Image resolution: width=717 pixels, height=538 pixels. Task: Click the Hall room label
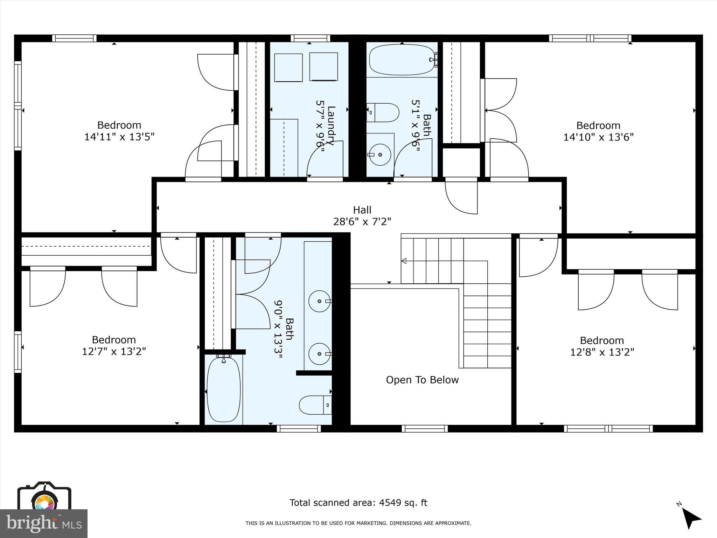click(x=362, y=210)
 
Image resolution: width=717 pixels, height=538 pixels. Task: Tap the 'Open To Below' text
click(x=422, y=380)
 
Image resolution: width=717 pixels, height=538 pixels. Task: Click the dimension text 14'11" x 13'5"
click(x=119, y=137)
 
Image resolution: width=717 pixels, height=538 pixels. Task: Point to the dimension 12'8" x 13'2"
click(x=602, y=352)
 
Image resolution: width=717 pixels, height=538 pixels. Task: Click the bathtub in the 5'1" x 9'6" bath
click(x=402, y=60)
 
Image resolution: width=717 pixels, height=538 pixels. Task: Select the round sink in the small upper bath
click(x=380, y=154)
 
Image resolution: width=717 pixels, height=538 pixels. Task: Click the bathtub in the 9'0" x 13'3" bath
click(x=224, y=390)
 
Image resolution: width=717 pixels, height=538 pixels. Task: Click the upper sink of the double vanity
click(x=319, y=301)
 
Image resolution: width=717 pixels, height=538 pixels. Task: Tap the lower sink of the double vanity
click(x=319, y=354)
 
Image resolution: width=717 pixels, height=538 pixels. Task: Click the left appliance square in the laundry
click(x=288, y=67)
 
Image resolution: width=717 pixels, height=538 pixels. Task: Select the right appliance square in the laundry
click(x=323, y=67)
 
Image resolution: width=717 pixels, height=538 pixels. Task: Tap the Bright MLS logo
click(x=43, y=523)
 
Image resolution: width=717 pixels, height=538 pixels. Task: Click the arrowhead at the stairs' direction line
click(x=404, y=261)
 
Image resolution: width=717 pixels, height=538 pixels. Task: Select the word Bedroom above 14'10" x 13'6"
click(x=598, y=125)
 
